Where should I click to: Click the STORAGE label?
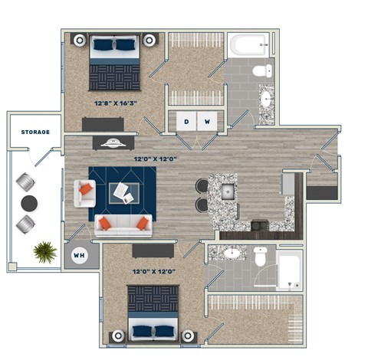click(35, 132)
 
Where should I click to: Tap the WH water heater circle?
click(79, 255)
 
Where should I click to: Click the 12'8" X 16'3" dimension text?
click(116, 102)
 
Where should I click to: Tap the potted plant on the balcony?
click(44, 251)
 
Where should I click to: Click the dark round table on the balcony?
click(29, 203)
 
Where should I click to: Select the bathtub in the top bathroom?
click(247, 45)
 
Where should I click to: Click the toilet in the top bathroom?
click(261, 71)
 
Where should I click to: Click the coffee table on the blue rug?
click(120, 192)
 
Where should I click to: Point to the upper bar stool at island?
click(202, 186)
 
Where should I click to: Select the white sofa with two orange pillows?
click(123, 224)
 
